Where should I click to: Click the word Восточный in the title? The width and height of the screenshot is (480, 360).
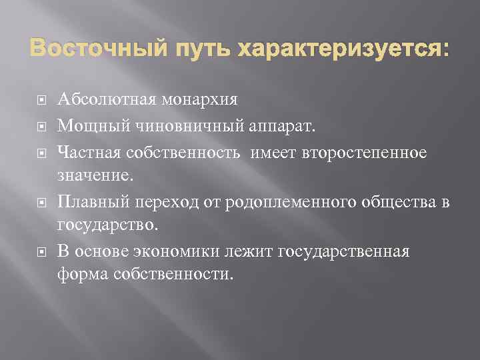pos(90,50)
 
